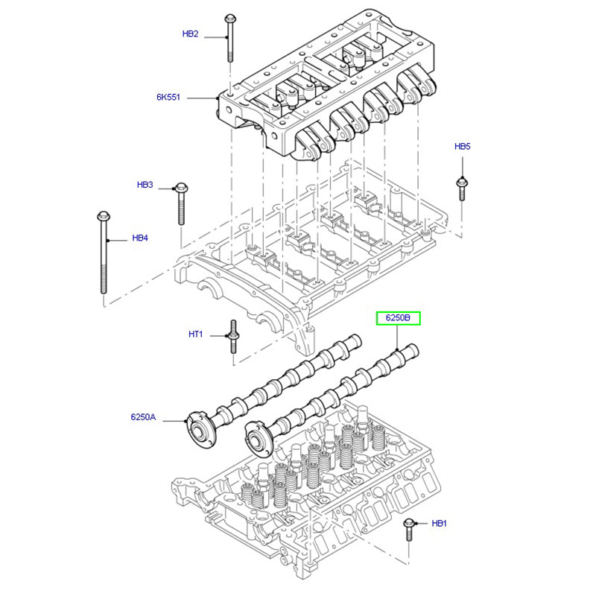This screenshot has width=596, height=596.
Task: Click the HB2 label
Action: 191,34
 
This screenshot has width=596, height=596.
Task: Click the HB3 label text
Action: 145,184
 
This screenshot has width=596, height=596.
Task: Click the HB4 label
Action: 140,238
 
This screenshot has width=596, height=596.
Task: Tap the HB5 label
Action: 463,147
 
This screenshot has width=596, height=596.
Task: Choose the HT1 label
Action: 195,335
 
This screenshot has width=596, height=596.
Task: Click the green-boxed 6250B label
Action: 398,318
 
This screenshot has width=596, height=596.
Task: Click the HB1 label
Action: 440,524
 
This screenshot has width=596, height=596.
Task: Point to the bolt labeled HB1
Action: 409,530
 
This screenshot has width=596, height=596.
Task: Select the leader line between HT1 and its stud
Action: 217,335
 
